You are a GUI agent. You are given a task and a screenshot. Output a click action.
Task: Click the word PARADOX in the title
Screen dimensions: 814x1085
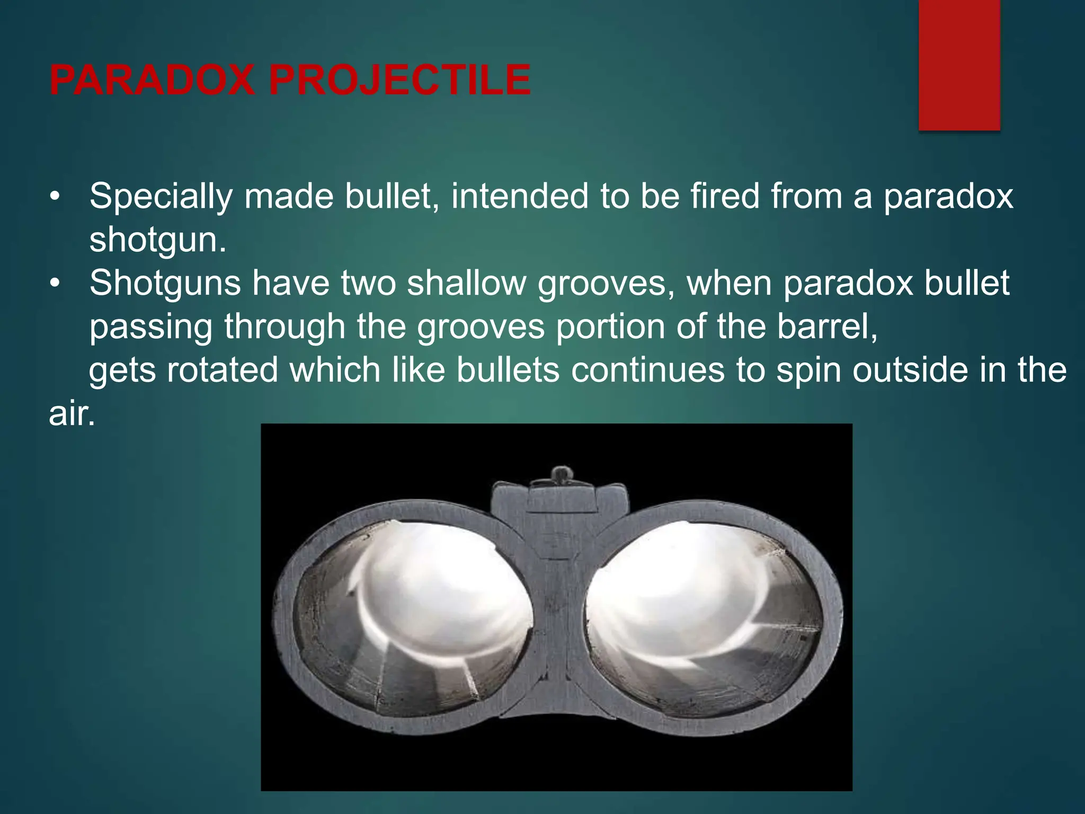(150, 80)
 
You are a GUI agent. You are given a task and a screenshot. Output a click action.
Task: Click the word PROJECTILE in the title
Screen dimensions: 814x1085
(400, 80)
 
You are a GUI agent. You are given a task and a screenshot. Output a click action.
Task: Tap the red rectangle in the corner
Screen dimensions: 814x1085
(959, 65)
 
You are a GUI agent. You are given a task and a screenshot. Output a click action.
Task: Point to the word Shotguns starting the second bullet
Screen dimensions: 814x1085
(165, 284)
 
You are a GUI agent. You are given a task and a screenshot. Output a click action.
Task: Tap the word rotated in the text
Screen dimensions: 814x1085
(222, 370)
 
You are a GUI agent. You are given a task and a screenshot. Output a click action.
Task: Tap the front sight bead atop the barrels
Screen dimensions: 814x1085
(562, 473)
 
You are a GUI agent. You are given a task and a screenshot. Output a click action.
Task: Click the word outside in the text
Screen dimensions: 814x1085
(911, 370)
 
